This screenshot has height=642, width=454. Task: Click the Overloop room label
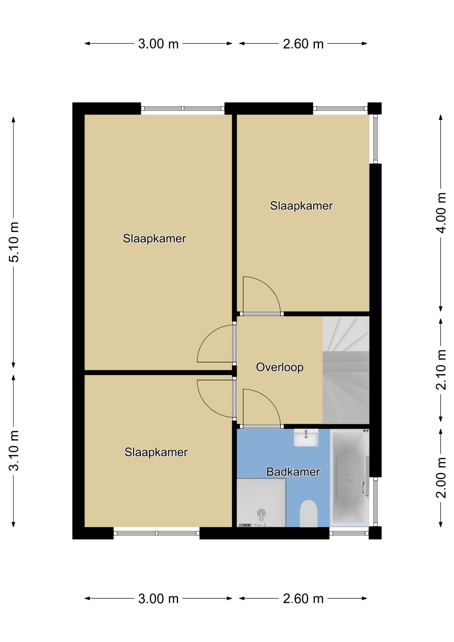[279, 367]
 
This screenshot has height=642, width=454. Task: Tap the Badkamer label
[293, 472]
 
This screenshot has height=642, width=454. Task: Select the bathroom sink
[306, 437]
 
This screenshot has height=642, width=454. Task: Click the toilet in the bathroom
[309, 514]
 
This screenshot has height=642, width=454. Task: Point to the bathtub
[350, 477]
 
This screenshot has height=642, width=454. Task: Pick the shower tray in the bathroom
[261, 503]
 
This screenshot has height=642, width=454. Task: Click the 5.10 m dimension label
[14, 242]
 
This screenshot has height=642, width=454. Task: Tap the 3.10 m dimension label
[14, 450]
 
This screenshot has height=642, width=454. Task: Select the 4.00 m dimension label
[441, 213]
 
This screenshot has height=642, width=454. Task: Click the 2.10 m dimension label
[441, 369]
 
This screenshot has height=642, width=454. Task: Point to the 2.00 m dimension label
[441, 477]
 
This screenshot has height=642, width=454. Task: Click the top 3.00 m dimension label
[158, 44]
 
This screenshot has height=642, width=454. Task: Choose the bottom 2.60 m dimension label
[303, 599]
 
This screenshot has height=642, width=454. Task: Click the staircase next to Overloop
[346, 370]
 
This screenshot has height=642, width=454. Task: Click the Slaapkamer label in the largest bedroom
[154, 238]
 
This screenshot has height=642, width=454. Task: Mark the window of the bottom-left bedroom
[157, 533]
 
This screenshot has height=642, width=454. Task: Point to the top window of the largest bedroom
[183, 108]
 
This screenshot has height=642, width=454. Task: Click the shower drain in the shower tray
[261, 513]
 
